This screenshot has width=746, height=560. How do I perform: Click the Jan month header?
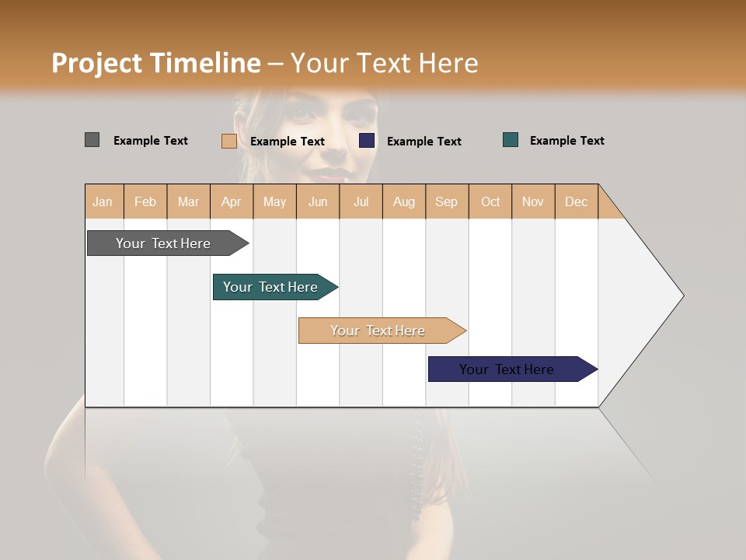[103, 201]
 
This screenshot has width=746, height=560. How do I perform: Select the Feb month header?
[145, 201]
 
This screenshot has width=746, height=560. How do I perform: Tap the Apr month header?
[231, 201]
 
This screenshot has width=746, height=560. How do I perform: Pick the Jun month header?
[318, 201]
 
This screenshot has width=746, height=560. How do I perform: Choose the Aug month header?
[403, 201]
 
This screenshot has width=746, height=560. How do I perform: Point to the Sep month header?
[446, 201]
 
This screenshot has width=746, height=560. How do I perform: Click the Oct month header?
[490, 201]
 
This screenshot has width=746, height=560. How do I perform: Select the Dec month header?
[576, 201]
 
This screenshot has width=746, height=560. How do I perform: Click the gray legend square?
[92, 140]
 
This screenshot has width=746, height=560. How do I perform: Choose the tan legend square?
[228, 141]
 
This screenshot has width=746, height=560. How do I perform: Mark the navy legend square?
[367, 141]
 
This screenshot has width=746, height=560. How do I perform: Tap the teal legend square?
[511, 140]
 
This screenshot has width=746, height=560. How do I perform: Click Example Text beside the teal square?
[566, 141]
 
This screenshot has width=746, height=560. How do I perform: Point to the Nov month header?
[533, 201]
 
